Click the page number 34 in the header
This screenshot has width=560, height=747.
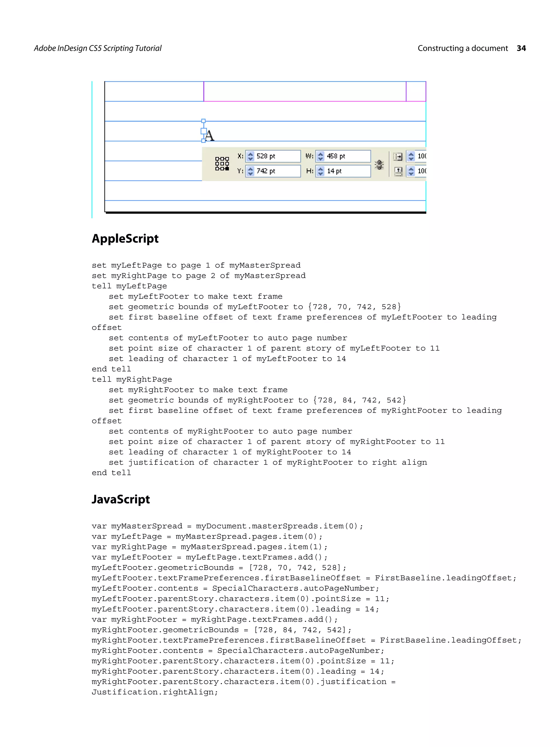point(521,48)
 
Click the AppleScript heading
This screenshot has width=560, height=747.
point(125,239)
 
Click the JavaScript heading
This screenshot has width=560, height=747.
point(121,499)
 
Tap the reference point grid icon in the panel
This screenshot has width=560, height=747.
point(222,164)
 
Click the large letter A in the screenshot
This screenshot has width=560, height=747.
point(209,136)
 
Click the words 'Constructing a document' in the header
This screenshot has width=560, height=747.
point(462,48)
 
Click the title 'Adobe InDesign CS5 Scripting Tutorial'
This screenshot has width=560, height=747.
point(98,48)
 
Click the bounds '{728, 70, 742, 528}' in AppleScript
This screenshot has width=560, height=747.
point(354,307)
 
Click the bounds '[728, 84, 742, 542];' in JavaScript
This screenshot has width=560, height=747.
point(302,630)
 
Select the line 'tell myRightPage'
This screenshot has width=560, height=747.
point(132,379)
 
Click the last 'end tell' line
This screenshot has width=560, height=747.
point(111,473)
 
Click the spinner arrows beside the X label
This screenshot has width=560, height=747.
point(250,156)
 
